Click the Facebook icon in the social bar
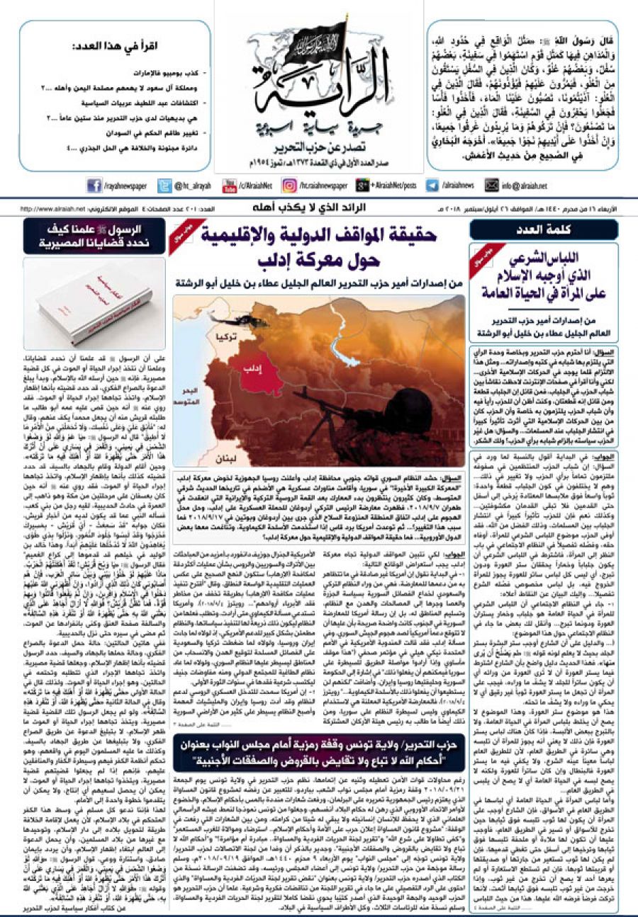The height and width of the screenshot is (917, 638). [94, 186]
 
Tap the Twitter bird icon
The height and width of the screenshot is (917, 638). [161, 186]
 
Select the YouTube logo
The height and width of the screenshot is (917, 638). [230, 186]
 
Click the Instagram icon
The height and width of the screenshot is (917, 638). [289, 186]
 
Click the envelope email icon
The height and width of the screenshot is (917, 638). [492, 186]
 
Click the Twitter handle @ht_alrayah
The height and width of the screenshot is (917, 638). [189, 186]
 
